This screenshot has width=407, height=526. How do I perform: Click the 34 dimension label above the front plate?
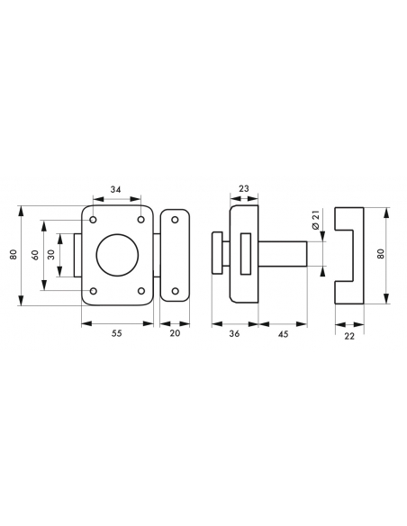click(117, 191)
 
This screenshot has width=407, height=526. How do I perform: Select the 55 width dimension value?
click(117, 332)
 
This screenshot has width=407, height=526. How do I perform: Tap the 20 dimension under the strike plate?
click(175, 332)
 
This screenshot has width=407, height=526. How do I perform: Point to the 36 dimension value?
click(234, 332)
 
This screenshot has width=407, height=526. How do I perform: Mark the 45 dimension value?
click(284, 332)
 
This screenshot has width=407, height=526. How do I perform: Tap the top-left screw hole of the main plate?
click(94, 220)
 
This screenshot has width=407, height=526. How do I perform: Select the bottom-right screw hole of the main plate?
click(141, 291)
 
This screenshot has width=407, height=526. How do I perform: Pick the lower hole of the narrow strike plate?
click(175, 290)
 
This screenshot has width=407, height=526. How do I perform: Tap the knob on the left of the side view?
click(217, 251)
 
